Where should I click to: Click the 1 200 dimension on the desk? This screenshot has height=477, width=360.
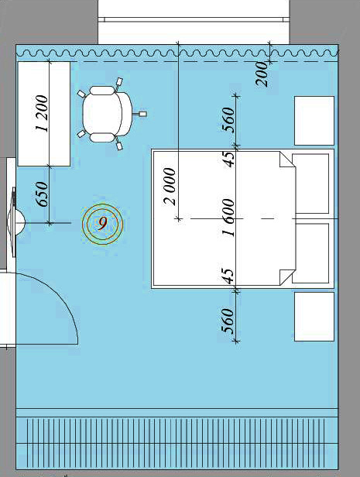(42, 114)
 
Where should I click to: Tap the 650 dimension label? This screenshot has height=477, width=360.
(42, 194)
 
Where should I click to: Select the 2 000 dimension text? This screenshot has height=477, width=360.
(170, 187)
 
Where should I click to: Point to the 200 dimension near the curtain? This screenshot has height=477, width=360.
(262, 74)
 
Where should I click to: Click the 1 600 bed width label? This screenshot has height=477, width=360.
(228, 218)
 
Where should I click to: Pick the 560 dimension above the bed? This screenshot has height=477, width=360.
(229, 120)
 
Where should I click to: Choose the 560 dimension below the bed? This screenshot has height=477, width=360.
(229, 321)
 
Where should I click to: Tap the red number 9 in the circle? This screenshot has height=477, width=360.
(103, 224)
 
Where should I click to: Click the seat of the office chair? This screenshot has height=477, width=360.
(102, 114)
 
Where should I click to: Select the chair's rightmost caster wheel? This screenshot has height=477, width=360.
(143, 114)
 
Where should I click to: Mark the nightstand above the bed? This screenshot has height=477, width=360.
(314, 121)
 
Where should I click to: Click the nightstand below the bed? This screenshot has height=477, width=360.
(314, 317)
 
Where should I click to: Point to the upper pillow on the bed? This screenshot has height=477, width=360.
(310, 184)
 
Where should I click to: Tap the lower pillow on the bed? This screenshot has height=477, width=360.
(310, 253)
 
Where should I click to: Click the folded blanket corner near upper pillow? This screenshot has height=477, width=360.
(286, 160)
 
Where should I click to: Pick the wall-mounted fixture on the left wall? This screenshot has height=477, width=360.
(15, 223)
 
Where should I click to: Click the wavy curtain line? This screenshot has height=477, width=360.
(177, 53)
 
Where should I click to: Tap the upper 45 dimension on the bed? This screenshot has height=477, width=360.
(229, 159)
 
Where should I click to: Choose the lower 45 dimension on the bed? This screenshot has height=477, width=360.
(229, 276)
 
